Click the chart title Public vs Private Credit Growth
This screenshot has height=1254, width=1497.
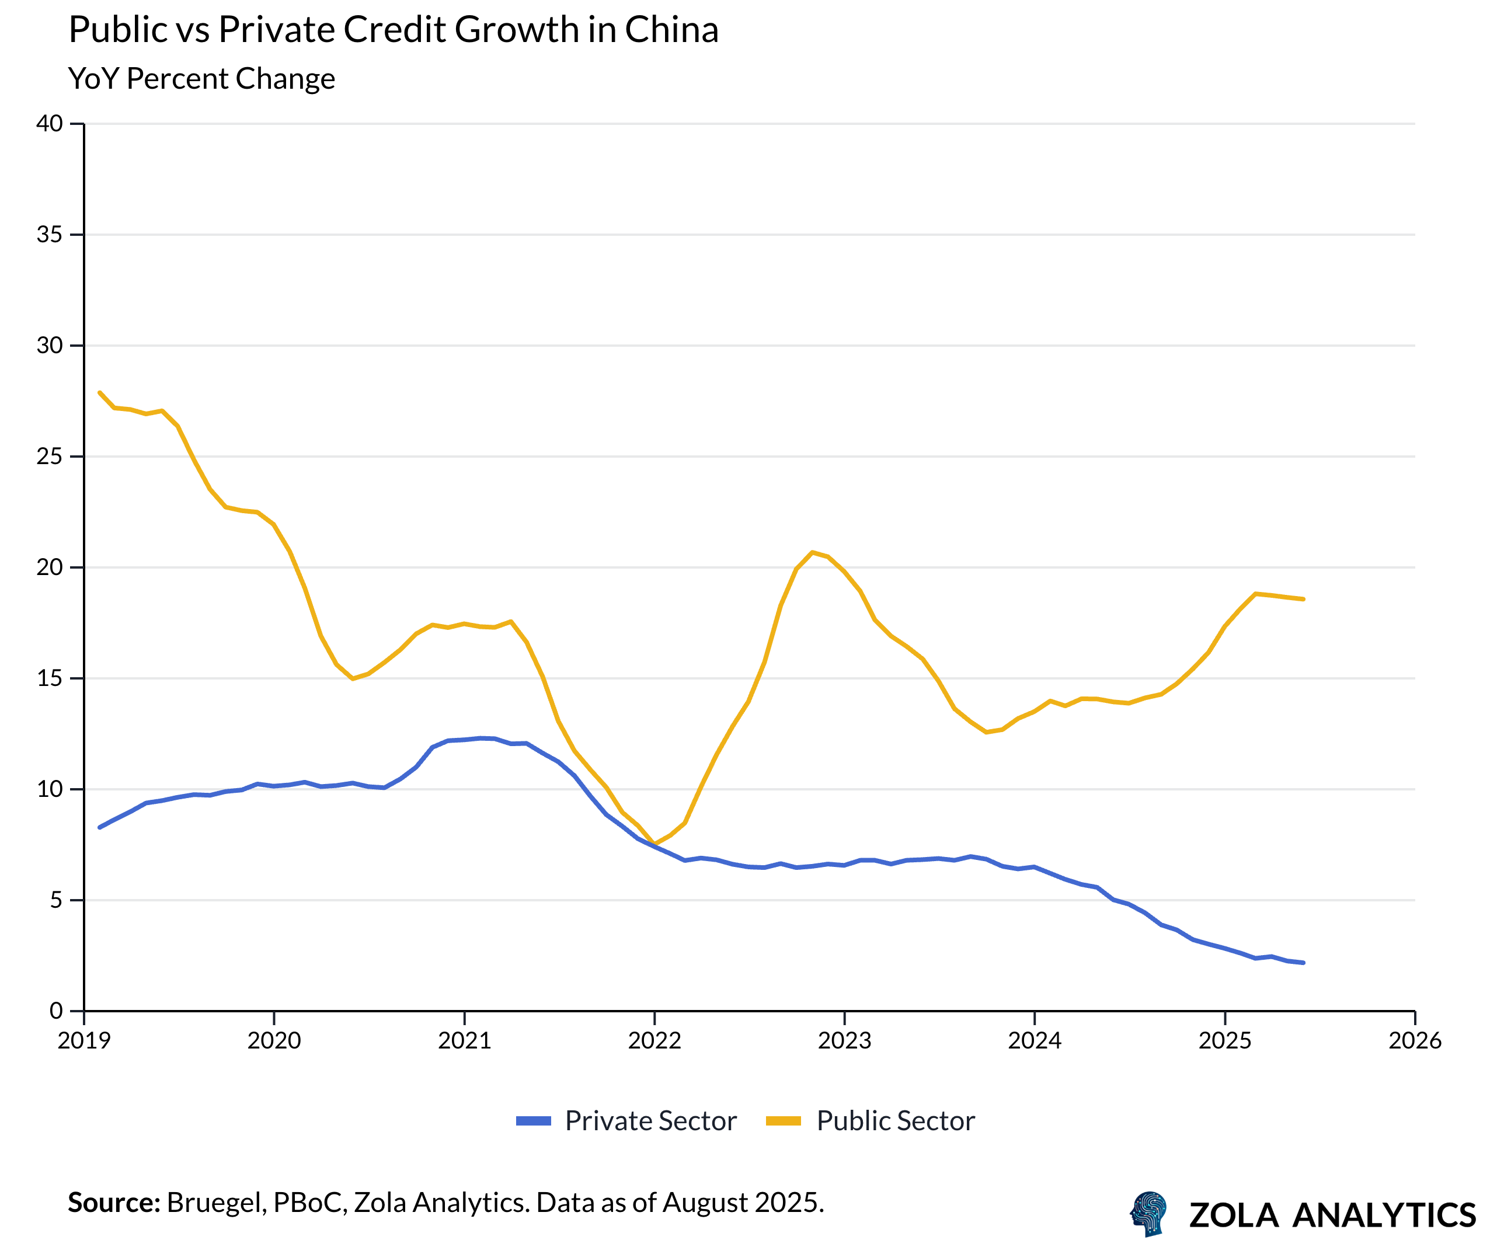point(393,30)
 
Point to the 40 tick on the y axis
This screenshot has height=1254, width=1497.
point(49,123)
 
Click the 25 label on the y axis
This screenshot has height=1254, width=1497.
point(49,457)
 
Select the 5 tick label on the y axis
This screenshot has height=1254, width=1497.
point(55,900)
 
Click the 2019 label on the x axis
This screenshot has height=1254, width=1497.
point(84,1041)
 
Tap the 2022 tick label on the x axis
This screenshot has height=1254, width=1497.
point(654,1041)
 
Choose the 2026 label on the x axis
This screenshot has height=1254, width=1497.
point(1415,1041)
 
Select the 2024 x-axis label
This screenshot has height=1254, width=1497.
point(1035,1041)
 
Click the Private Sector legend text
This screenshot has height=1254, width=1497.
point(650,1121)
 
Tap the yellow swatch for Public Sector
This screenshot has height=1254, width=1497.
point(783,1121)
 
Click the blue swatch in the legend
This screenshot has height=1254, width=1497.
point(533,1121)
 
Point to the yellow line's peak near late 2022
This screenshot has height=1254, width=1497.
point(812,552)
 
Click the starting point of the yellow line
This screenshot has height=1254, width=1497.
point(99,392)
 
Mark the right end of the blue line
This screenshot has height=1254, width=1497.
point(1303,963)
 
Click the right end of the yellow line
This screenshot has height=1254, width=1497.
point(1303,599)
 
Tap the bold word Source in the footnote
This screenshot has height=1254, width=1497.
point(114,1203)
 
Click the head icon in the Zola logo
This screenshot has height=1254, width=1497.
point(1148,1213)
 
